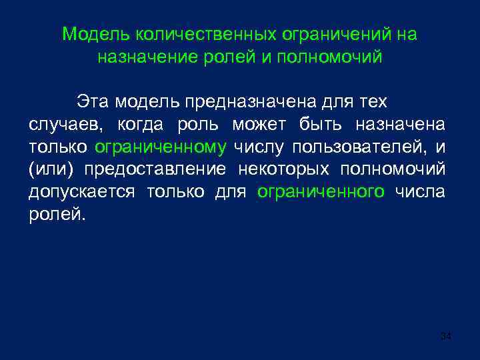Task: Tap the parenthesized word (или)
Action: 51,170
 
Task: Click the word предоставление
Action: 155,170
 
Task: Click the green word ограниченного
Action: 321,193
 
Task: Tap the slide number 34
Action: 446,337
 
